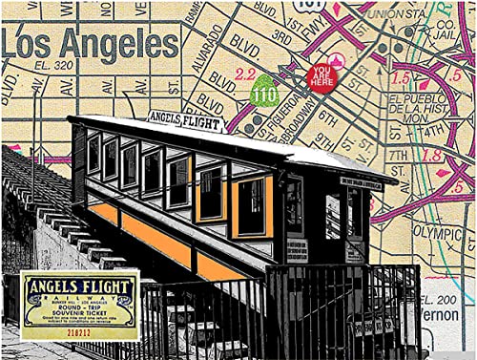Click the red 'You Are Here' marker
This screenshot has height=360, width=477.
(x=321, y=76)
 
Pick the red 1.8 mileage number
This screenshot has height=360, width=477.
(x=432, y=155)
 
